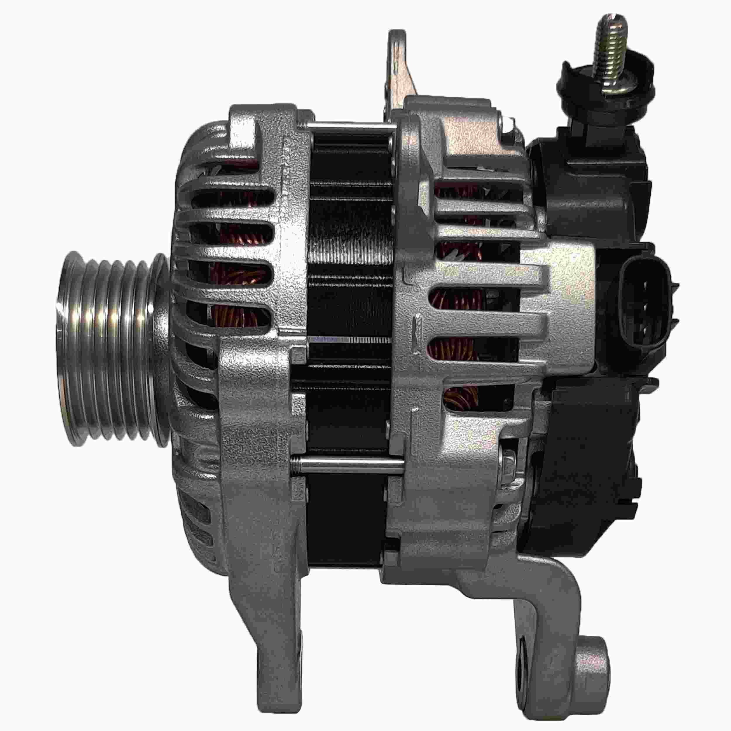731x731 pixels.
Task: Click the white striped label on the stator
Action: click(352, 340)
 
